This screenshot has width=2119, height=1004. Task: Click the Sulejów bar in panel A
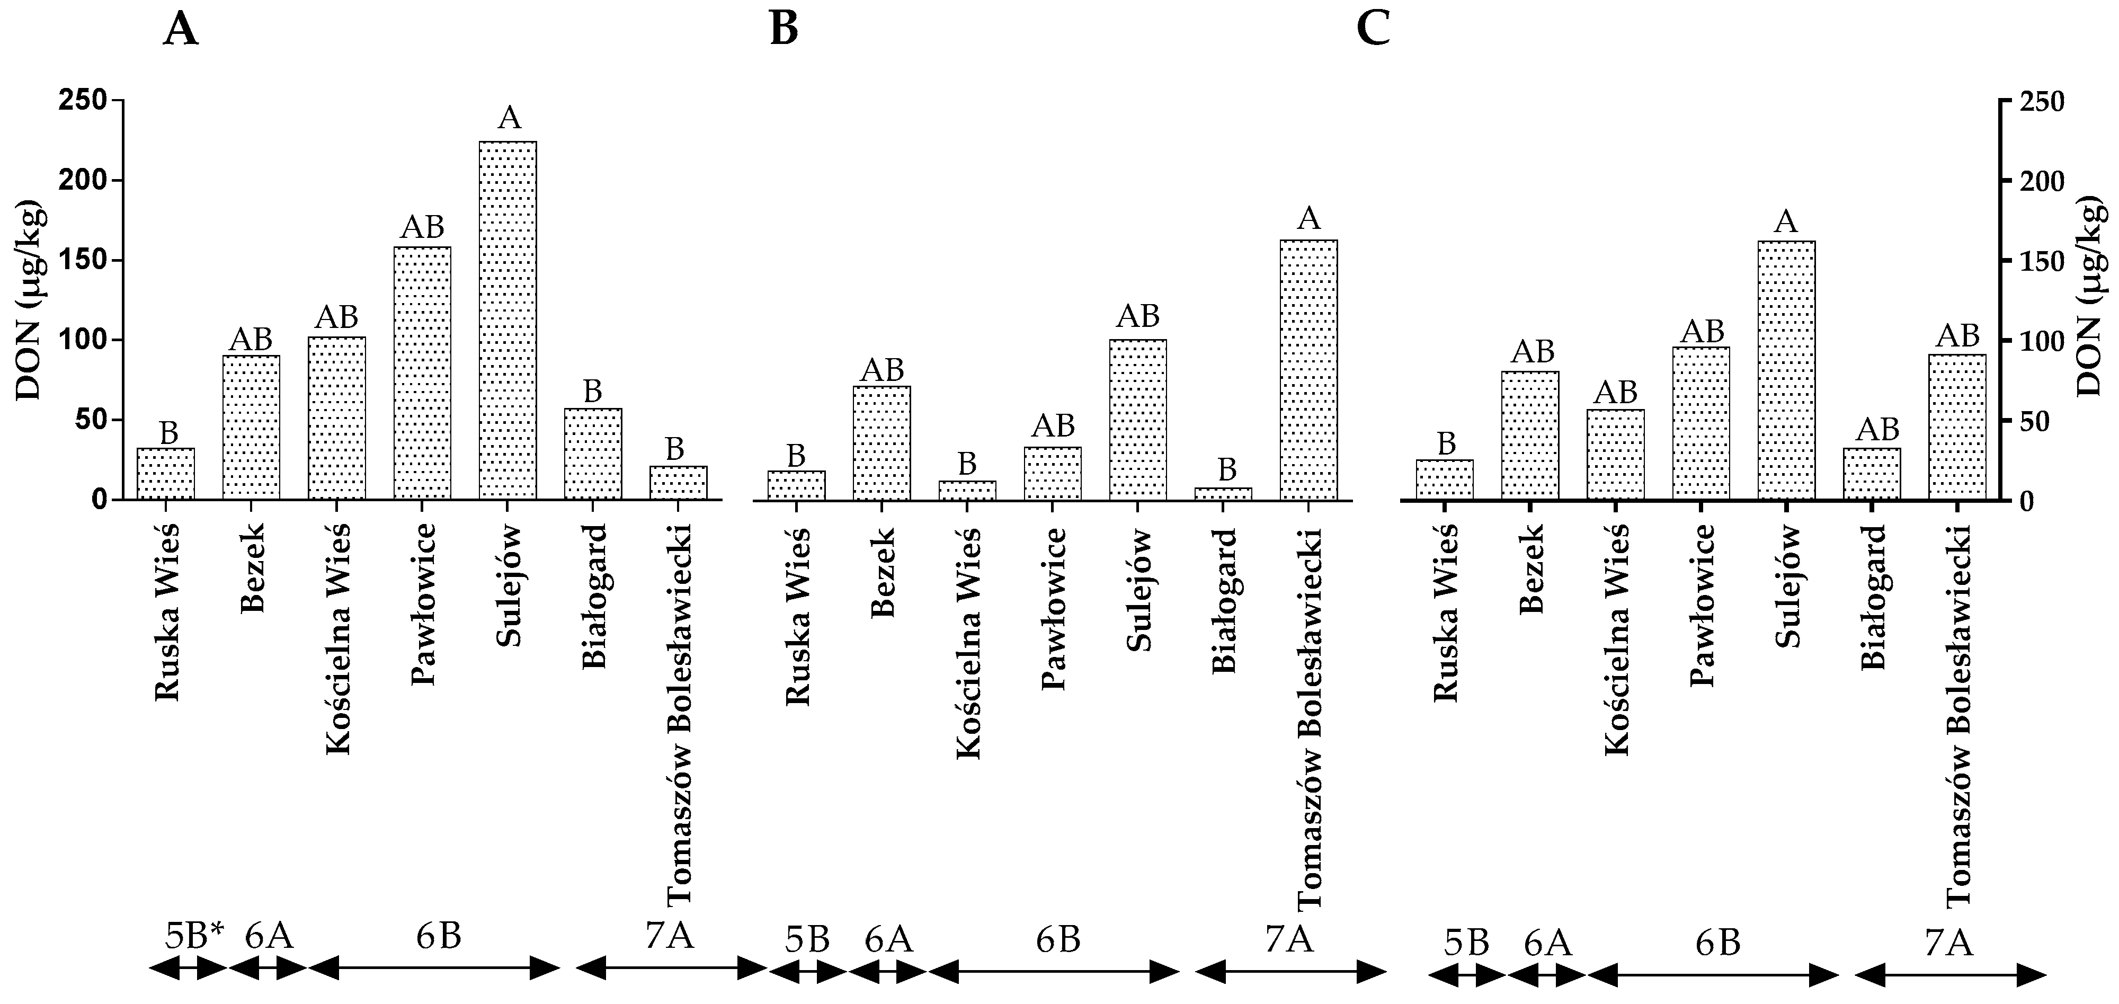pos(508,321)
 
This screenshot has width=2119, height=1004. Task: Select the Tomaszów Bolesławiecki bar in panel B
pos(1308,370)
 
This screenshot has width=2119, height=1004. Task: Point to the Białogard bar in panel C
pos(1872,474)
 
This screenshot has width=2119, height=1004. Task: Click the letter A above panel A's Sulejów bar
pos(509,118)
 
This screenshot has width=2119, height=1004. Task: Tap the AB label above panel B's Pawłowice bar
pos(1053,425)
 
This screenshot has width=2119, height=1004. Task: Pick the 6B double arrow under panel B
pos(1054,972)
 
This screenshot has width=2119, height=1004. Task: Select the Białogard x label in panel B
pos(1224,601)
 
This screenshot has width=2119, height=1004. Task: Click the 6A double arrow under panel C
pos(1546,976)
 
